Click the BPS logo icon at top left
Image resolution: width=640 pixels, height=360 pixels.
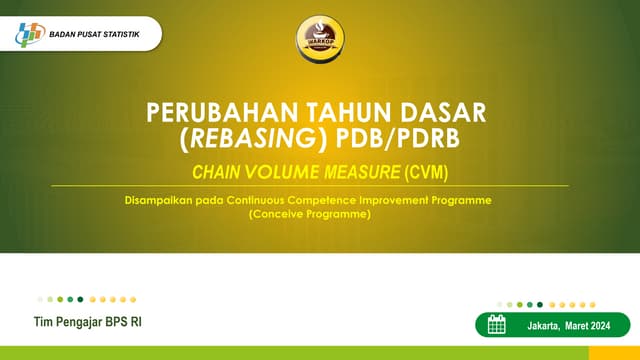click(30, 34)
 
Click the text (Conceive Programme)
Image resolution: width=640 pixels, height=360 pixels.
click(309, 213)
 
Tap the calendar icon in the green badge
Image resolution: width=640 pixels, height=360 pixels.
click(496, 324)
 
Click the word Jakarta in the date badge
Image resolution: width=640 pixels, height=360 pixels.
click(545, 325)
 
